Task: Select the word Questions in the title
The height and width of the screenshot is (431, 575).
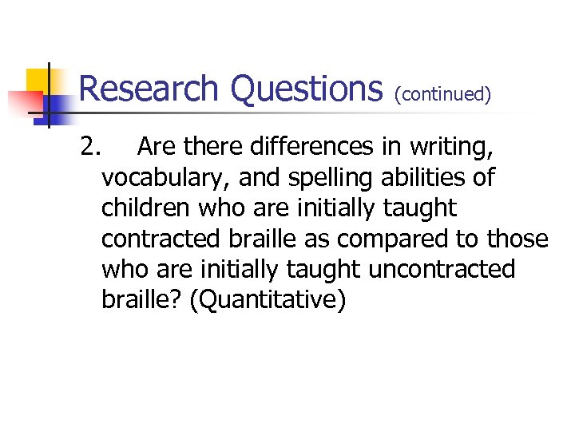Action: [307, 89]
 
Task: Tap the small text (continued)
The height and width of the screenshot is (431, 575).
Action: [442, 95]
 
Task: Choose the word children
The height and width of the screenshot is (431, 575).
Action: [146, 208]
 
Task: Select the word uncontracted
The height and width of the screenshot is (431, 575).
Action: [442, 270]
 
